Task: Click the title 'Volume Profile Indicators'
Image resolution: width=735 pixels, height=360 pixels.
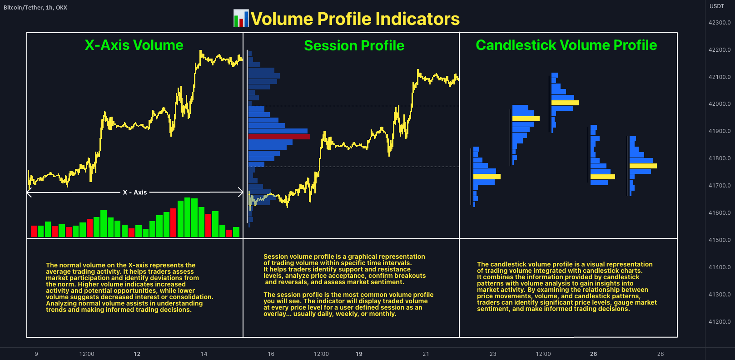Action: point(355,19)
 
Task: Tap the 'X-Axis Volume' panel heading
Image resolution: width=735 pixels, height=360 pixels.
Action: point(134,45)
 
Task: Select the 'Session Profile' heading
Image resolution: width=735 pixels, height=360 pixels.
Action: point(354,45)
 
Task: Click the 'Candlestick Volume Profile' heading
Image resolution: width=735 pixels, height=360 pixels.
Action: point(566,45)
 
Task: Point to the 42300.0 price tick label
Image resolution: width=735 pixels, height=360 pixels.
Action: point(720,22)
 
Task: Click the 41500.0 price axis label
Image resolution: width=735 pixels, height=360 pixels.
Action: point(720,240)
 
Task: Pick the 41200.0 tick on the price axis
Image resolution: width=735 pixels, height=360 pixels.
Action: point(720,321)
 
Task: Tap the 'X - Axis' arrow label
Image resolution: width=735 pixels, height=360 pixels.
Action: point(134,192)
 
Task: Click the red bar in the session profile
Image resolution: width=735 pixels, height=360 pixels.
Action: point(279,137)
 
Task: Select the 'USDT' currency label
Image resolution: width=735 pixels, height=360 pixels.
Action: point(717,6)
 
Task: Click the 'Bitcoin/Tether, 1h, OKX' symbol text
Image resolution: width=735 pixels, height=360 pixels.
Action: point(35,8)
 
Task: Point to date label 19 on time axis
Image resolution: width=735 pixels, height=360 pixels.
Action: point(359,354)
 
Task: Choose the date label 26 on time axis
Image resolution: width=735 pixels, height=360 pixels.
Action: point(593,354)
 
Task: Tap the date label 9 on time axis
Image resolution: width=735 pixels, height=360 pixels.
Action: point(36,354)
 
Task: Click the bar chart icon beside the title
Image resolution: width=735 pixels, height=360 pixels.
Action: point(241,19)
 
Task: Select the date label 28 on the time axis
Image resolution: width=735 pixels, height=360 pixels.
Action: point(661,354)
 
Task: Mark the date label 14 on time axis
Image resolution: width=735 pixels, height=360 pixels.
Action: point(204,354)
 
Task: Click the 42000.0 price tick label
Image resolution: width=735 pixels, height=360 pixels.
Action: point(720,104)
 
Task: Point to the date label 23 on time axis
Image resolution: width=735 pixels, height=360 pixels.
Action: point(493,354)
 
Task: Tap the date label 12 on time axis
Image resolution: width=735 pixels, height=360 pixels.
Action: point(137,354)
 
